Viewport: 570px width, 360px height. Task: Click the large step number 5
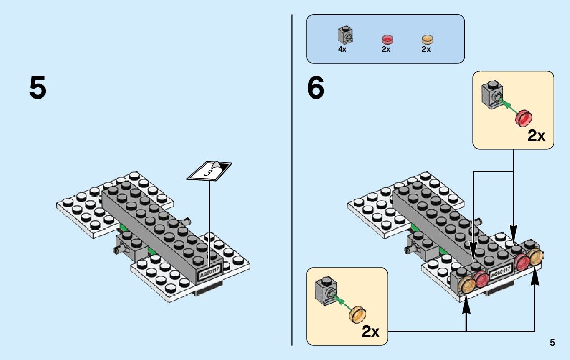pyautogui.click(x=38, y=88)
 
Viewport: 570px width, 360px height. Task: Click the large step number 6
pyautogui.click(x=315, y=88)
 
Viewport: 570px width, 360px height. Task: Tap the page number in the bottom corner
pyautogui.click(x=552, y=343)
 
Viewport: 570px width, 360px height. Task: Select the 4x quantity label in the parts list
pyautogui.click(x=342, y=50)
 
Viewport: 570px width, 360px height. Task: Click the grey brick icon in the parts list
pyautogui.click(x=345, y=35)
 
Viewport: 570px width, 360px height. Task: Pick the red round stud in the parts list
pyautogui.click(x=387, y=39)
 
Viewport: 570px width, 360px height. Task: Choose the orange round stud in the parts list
pyautogui.click(x=427, y=39)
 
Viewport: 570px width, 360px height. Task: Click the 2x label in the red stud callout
pyautogui.click(x=537, y=136)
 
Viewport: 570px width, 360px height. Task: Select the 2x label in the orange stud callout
pyautogui.click(x=371, y=332)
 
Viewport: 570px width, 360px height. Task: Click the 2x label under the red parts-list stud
pyautogui.click(x=386, y=50)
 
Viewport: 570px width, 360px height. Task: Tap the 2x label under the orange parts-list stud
pyautogui.click(x=426, y=50)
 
